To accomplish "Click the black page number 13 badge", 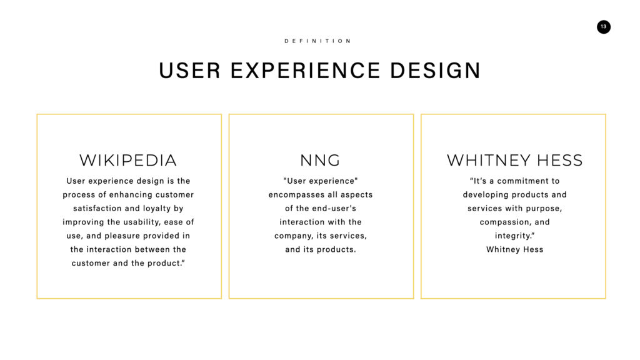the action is click(x=603, y=27).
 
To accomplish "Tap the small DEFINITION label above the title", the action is click(x=317, y=41).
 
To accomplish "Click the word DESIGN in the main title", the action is click(x=435, y=71).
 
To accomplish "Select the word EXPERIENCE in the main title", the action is click(x=305, y=71).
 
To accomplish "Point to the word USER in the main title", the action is click(x=190, y=71).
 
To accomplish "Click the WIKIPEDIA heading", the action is click(x=128, y=161).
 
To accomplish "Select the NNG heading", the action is click(x=321, y=161).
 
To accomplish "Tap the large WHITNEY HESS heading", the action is click(x=515, y=161).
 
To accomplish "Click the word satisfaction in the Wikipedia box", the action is click(x=97, y=209).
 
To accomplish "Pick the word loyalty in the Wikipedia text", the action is click(x=156, y=209).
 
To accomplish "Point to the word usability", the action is click(x=142, y=222).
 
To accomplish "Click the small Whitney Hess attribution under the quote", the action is click(x=515, y=249).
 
